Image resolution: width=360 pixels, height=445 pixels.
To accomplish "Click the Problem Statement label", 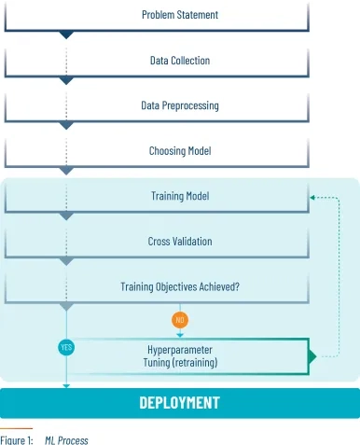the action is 180,15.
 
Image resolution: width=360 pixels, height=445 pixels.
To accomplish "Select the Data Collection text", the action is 180,61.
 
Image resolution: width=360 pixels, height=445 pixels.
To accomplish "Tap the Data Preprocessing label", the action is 180,105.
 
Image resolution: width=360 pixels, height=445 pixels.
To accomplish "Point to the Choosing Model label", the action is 180,151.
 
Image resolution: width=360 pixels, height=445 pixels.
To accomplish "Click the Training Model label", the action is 180,196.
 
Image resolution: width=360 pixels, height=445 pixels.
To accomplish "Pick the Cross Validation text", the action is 180,242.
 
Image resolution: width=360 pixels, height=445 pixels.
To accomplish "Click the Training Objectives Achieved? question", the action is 180,286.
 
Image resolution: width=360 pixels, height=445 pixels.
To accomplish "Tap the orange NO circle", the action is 180,320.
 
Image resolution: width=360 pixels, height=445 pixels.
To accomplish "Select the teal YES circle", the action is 66,347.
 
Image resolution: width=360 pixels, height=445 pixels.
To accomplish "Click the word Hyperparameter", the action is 180,350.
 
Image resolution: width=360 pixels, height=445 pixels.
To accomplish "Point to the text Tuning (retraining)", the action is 180,363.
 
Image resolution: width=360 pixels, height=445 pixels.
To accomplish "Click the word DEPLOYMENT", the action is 180,403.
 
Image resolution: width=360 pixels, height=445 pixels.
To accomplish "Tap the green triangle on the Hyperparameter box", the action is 312,356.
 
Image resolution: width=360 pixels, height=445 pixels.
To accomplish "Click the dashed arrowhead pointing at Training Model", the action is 312,198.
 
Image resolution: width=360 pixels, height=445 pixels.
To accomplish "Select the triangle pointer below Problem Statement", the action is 66,35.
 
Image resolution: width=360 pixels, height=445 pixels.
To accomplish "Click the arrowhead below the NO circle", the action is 180,335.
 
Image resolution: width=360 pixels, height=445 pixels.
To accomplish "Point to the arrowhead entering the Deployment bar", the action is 66,386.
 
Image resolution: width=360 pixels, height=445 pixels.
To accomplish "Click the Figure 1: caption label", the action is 17,440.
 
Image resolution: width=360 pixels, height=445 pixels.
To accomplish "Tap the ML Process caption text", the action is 66,440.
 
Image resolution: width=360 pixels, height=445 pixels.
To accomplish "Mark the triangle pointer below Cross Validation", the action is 66,261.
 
